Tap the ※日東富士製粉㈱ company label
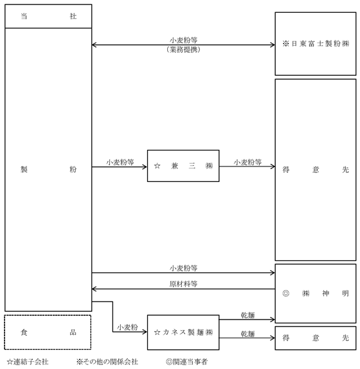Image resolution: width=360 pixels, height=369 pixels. pos(316,44)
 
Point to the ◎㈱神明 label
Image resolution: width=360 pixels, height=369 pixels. pos(316,293)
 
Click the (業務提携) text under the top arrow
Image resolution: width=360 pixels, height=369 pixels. pos(183,50)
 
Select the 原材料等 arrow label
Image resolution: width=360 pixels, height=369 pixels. pos(183,283)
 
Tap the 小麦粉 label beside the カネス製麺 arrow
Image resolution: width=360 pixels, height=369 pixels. pos(127,327)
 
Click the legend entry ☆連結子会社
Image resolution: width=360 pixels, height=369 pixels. pos(28,362)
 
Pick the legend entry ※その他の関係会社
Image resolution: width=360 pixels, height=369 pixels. pos(107,362)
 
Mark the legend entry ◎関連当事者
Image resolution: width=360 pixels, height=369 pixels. pos(187,362)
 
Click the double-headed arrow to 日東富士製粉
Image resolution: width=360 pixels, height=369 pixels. pos(183,45)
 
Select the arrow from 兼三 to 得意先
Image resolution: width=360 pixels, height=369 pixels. pos(247,166)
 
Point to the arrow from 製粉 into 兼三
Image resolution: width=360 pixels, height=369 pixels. pos(120,167)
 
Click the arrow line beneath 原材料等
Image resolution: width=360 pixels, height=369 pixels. pos(183,289)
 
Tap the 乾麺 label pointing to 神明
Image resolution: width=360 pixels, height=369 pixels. pos(248,315)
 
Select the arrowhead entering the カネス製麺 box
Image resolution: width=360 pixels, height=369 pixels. pos(145,332)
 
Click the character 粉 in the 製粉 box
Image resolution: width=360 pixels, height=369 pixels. pos(73,169)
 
